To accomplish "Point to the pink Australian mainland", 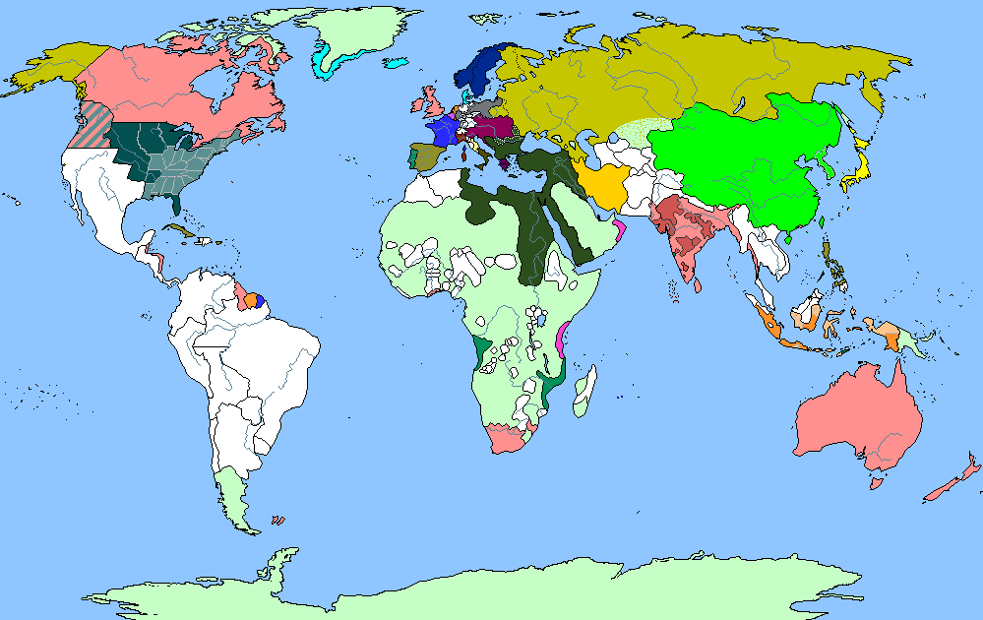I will (x=856, y=418).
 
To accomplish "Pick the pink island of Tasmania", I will (x=873, y=483).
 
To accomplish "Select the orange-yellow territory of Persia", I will (x=602, y=183).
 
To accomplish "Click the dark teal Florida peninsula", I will (x=175, y=205).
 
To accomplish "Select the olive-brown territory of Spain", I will (x=429, y=155).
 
